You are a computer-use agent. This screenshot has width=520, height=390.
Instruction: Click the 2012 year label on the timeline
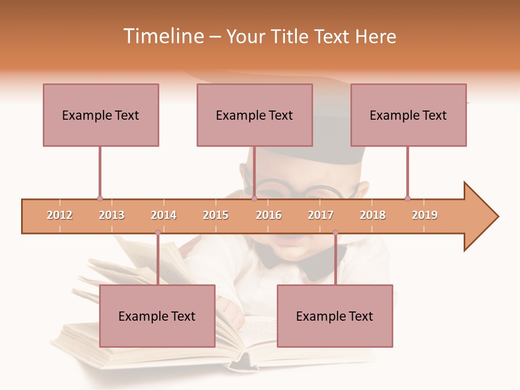[60, 215]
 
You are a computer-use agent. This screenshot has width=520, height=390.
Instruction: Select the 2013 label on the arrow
[112, 215]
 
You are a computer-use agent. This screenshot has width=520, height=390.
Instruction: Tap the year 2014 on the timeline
[164, 215]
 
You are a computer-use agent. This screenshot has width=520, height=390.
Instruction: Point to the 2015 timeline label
[216, 215]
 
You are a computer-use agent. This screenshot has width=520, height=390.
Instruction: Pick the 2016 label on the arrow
[269, 215]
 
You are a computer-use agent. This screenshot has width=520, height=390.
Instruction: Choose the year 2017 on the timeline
[321, 215]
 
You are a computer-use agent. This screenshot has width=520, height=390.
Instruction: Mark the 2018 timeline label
[373, 215]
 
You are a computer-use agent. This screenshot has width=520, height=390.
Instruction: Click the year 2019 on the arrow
[425, 215]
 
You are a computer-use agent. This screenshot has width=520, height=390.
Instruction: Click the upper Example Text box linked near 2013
[101, 115]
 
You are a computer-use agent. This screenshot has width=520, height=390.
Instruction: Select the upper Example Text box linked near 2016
[255, 115]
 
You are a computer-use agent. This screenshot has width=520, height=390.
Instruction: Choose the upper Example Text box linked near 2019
[408, 115]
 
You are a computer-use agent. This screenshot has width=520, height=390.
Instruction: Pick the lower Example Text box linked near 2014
[157, 316]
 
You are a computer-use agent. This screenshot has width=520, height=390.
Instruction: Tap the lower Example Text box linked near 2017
[335, 316]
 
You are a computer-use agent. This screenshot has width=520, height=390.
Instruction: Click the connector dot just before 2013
[100, 198]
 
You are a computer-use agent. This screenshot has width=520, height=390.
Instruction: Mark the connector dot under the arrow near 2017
[335, 233]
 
